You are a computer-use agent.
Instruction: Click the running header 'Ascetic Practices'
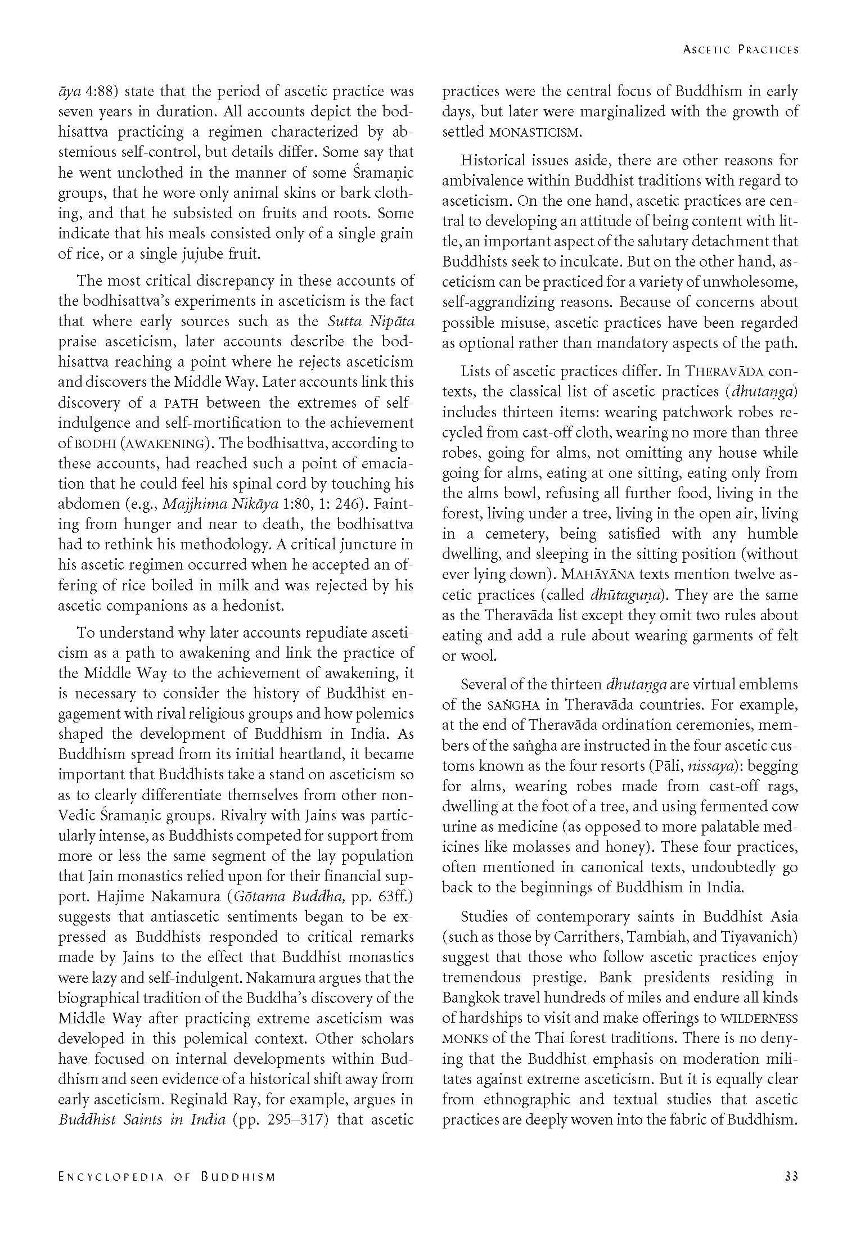coord(740,49)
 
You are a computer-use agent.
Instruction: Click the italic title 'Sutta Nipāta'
coord(371,322)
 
